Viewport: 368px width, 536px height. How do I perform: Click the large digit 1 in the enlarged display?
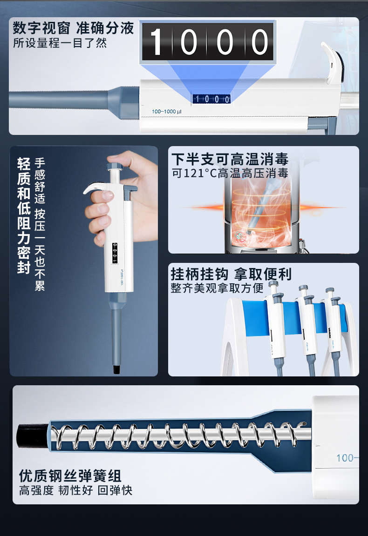coord(157,42)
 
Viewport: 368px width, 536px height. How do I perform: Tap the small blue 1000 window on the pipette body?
coord(211,99)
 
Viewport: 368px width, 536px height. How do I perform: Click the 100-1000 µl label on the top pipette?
coord(172,112)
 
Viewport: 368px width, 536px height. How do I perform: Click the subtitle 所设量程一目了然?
coord(60,43)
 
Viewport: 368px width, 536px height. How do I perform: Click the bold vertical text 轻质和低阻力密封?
coord(24,215)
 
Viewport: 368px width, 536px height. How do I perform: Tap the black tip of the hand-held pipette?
coord(117,370)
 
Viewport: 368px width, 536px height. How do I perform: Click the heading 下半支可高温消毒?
coord(230,159)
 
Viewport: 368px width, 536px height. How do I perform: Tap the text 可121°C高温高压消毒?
coord(230,174)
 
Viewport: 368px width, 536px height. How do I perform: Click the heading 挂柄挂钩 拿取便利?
coord(231,274)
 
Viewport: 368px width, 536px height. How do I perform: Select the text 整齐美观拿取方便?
coord(217,288)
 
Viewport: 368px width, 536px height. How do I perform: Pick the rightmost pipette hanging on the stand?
coord(334,330)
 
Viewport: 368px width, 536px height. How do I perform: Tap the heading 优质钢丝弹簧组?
coord(70,476)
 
